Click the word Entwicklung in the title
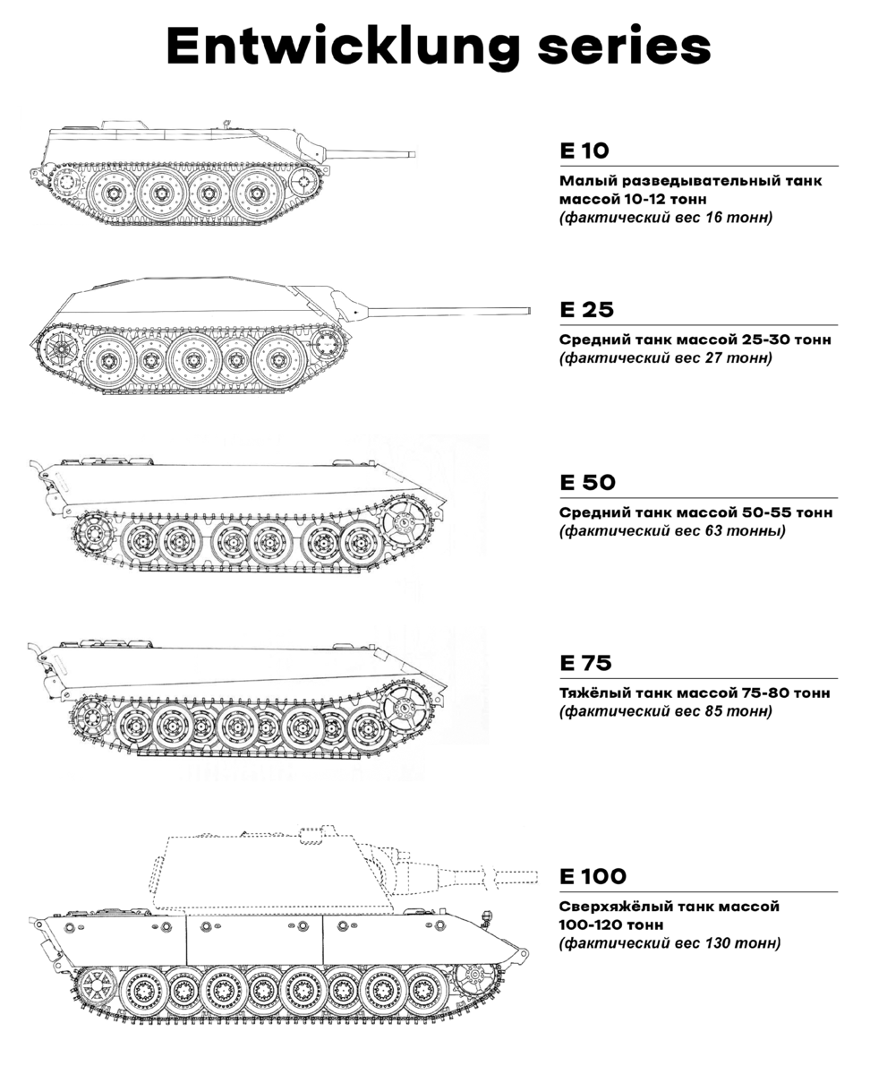tap(343, 47)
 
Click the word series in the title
tap(625, 46)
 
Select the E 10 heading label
tap(584, 150)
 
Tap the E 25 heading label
tap(586, 310)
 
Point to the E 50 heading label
tap(587, 483)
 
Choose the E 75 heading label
tap(585, 663)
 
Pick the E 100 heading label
tap(593, 877)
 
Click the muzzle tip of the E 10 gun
tap(414, 154)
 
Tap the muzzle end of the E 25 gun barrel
tap(528, 311)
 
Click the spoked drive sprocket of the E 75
tap(406, 706)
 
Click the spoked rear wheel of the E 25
tap(59, 348)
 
